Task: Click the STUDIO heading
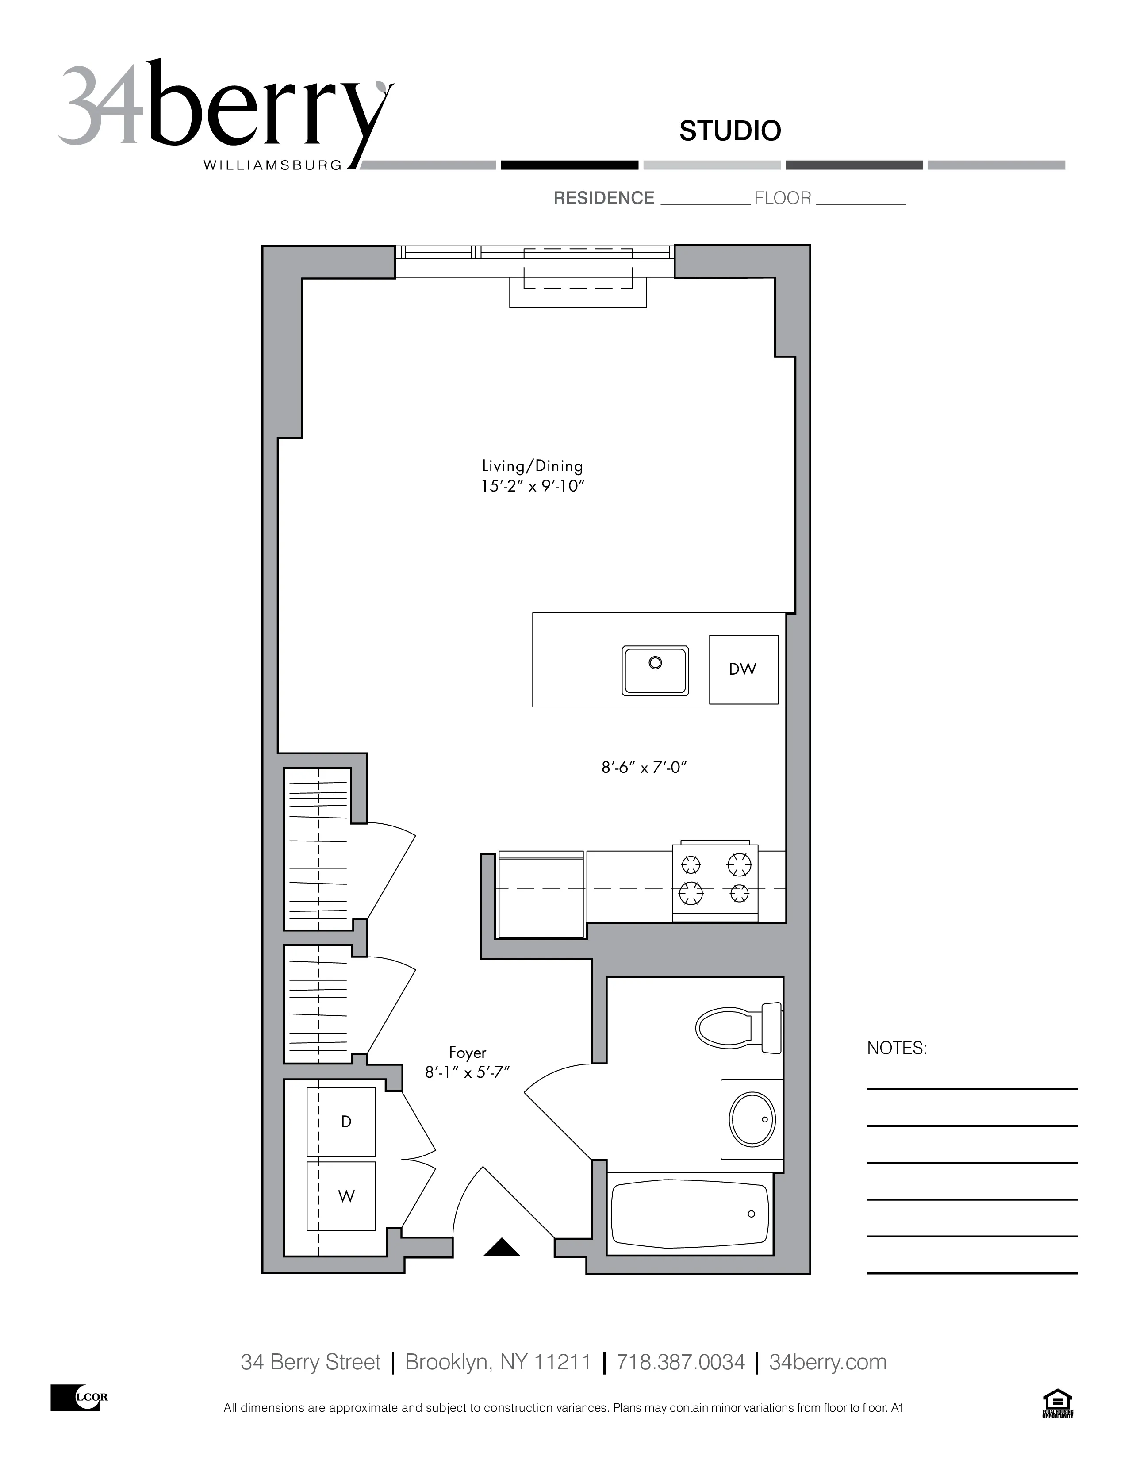(730, 131)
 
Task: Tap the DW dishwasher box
(743, 669)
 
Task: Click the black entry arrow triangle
(501, 1248)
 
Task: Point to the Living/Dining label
(533, 466)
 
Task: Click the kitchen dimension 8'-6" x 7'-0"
(644, 768)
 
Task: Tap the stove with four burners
(715, 880)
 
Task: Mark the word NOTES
(897, 1048)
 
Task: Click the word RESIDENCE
(603, 199)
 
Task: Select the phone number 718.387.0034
(680, 1357)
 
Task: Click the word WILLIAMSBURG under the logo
(272, 165)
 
